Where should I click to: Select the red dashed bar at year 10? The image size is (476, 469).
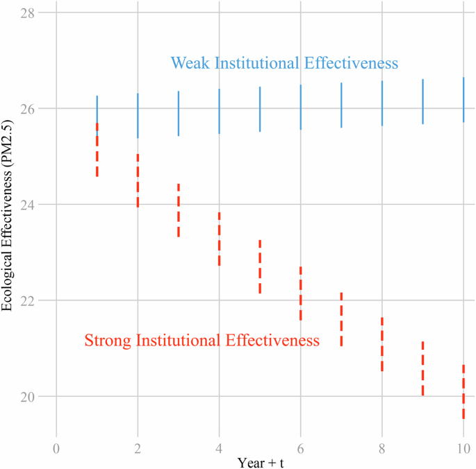[x=463, y=392]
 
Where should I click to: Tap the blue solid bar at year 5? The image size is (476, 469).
[x=260, y=109]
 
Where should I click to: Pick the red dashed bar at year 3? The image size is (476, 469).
[x=179, y=210]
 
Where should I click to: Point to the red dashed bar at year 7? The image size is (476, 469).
[x=341, y=319]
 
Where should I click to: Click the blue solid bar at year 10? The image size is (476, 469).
[x=463, y=99]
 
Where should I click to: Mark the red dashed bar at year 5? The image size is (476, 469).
[x=260, y=266]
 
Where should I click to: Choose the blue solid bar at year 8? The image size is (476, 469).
[x=382, y=103]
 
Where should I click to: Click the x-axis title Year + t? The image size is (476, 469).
[x=260, y=461]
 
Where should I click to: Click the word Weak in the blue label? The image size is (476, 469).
[x=190, y=63]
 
